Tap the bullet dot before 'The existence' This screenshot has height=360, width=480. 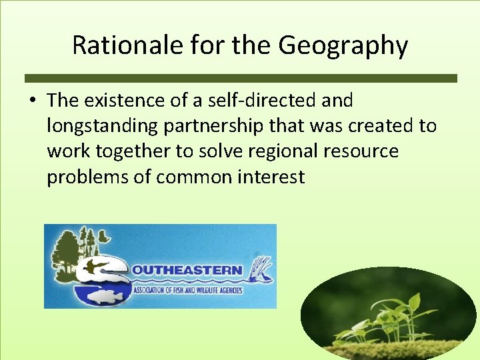(x=33, y=101)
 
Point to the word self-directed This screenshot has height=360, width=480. (x=242, y=101)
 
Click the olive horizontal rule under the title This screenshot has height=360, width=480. (x=241, y=78)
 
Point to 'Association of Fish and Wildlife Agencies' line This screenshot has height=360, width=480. (x=187, y=290)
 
